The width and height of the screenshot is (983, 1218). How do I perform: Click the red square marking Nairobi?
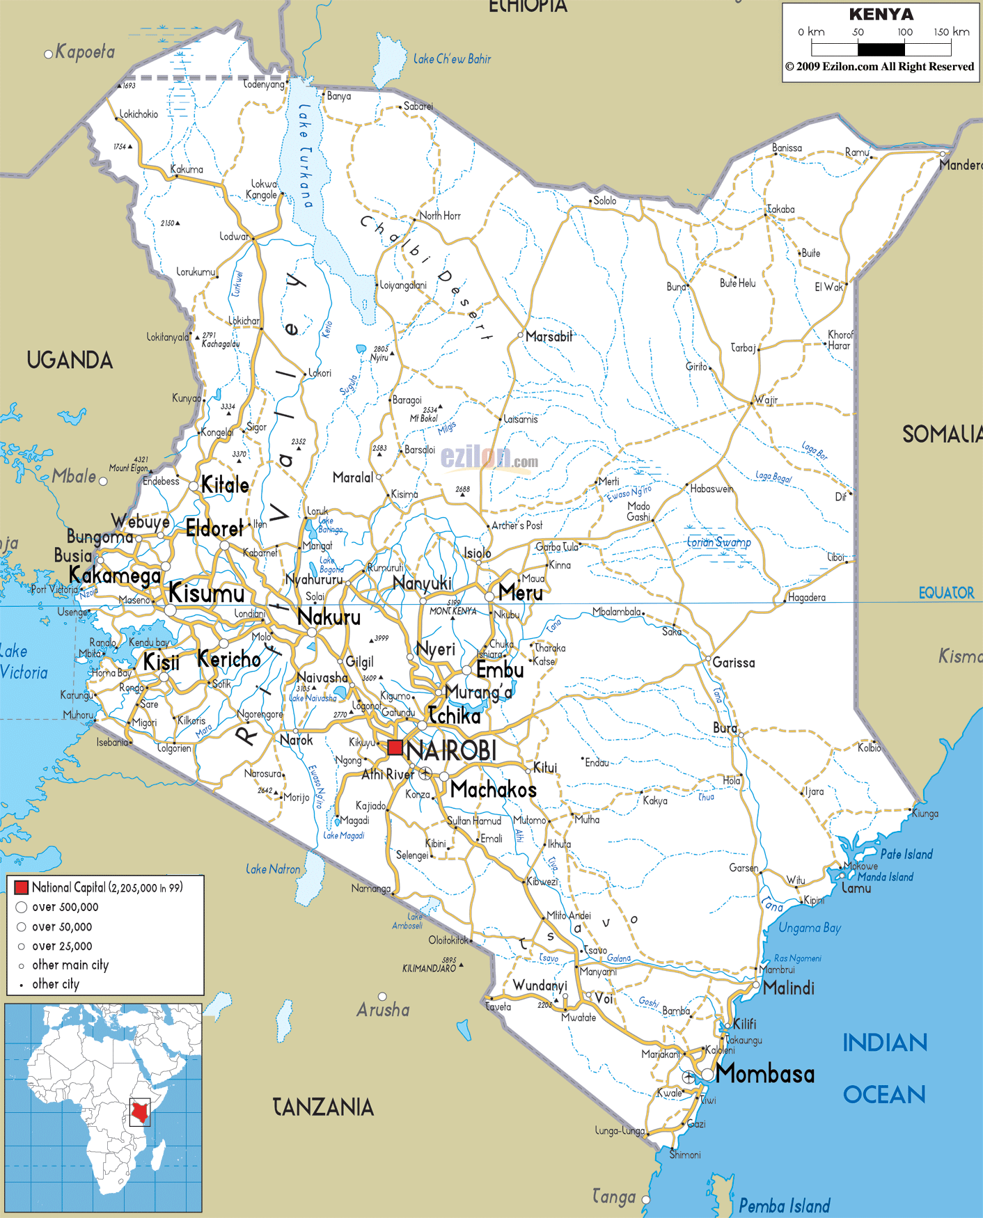coord(395,748)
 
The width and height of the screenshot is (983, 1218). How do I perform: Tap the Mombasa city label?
coord(765,1074)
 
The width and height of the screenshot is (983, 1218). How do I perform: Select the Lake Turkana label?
coord(305,156)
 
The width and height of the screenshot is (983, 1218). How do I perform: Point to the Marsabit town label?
coord(549,337)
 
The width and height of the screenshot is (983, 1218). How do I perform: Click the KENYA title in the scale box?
coord(881,15)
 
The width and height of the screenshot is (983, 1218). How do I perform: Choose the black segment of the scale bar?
coord(881,49)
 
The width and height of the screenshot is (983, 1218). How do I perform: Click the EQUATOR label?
coord(946,593)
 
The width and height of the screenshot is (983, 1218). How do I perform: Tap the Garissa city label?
coord(733,663)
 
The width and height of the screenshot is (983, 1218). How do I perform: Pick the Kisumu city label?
coord(207,594)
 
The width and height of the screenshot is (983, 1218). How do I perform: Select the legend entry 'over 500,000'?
coord(65,907)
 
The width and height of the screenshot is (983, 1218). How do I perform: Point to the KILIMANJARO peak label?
coord(429,968)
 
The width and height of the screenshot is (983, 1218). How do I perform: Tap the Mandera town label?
coord(960,165)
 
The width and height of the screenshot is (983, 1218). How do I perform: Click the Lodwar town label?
coord(235,237)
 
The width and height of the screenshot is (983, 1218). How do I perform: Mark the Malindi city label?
coord(788,988)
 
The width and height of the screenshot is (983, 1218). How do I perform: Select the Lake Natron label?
coord(273,869)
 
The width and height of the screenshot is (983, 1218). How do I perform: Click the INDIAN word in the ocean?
coord(885,1043)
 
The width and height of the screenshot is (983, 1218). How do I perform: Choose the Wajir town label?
coord(766,400)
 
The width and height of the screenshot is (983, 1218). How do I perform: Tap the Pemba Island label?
coord(784,1205)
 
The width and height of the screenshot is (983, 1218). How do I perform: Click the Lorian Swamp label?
coord(718,543)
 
